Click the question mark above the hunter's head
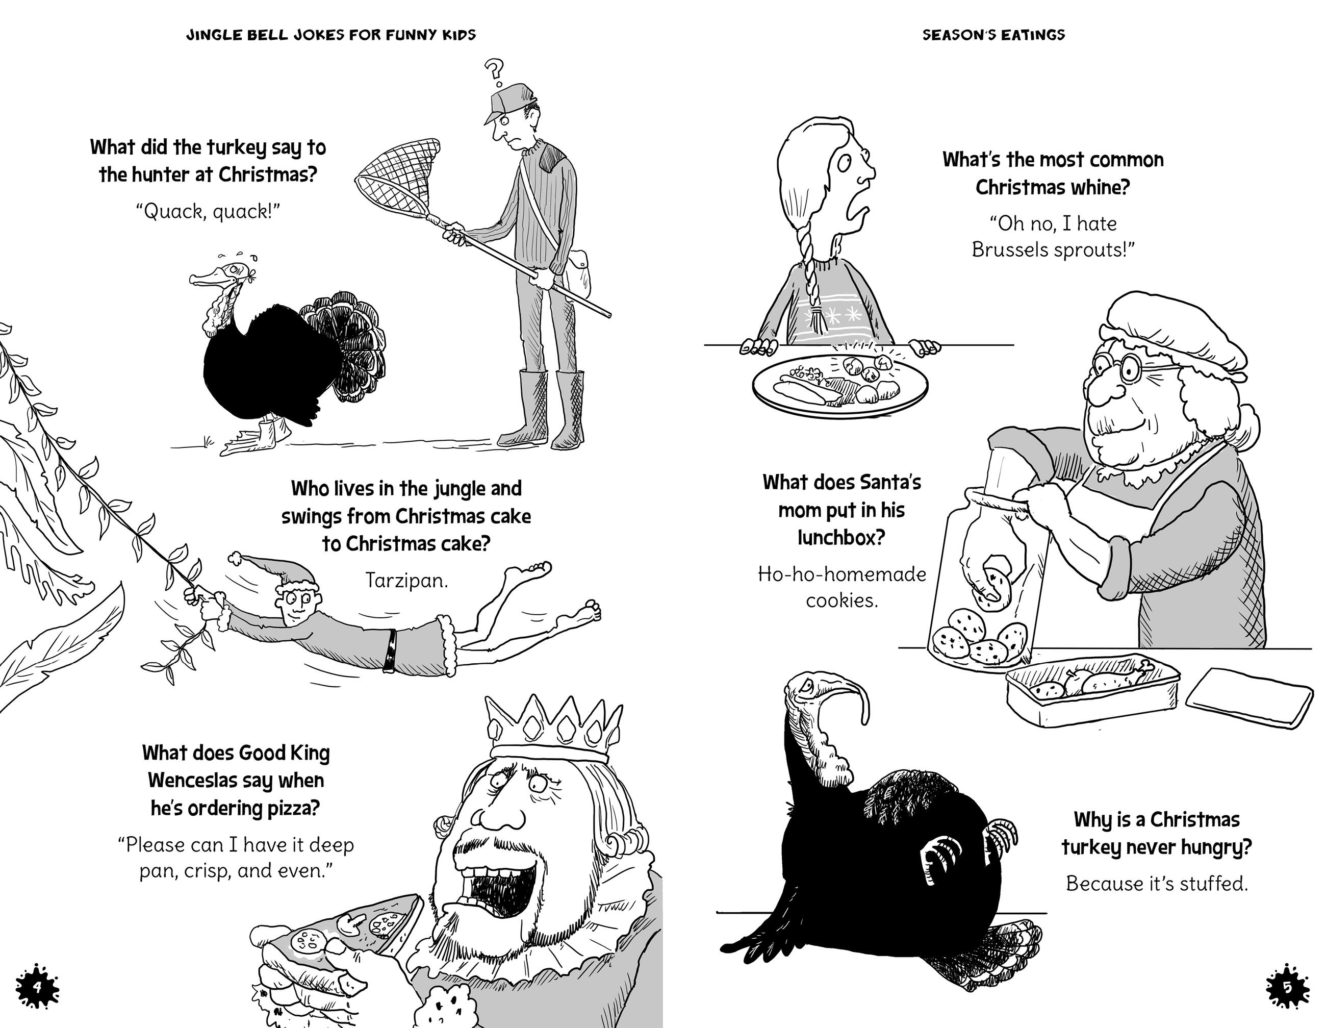495,71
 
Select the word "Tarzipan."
406,581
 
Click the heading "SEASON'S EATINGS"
993,35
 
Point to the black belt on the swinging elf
390,650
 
